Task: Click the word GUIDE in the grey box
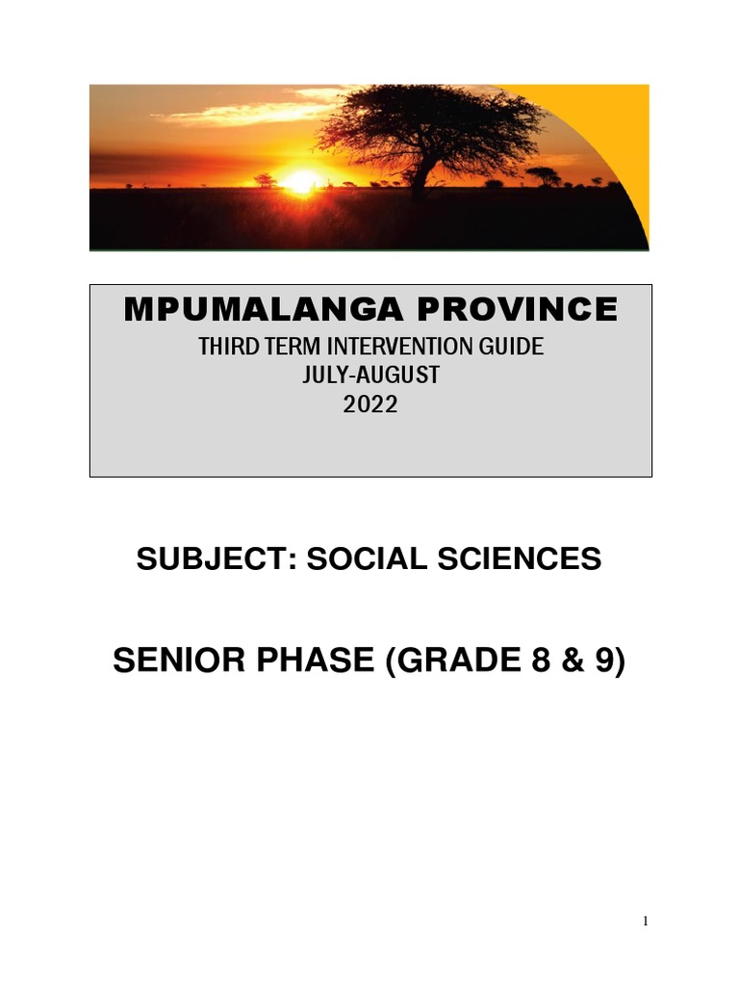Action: [507, 347]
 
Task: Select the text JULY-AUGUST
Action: [370, 376]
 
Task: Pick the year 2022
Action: [370, 405]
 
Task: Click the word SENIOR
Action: [182, 662]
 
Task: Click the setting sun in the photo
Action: [301, 180]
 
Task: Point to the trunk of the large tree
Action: [420, 174]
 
